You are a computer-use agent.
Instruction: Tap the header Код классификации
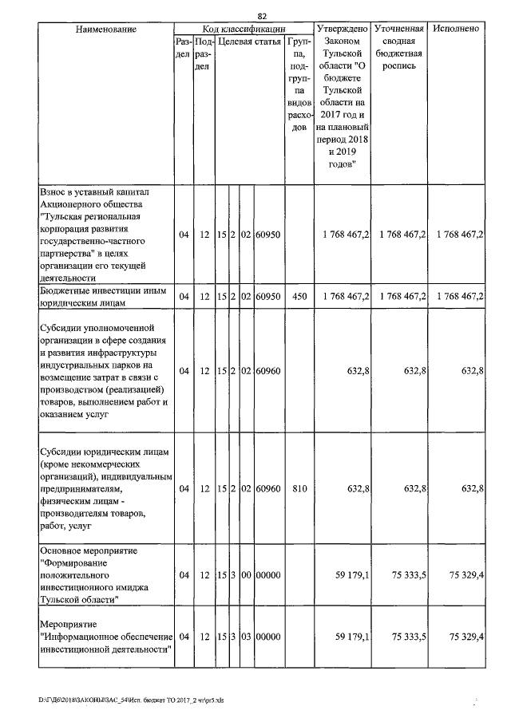click(x=242, y=29)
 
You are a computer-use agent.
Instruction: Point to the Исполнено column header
click(x=458, y=29)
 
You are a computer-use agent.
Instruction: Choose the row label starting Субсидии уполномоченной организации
click(x=101, y=371)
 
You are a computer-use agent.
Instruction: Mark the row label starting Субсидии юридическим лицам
click(x=101, y=488)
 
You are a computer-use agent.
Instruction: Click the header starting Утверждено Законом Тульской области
click(x=342, y=96)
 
